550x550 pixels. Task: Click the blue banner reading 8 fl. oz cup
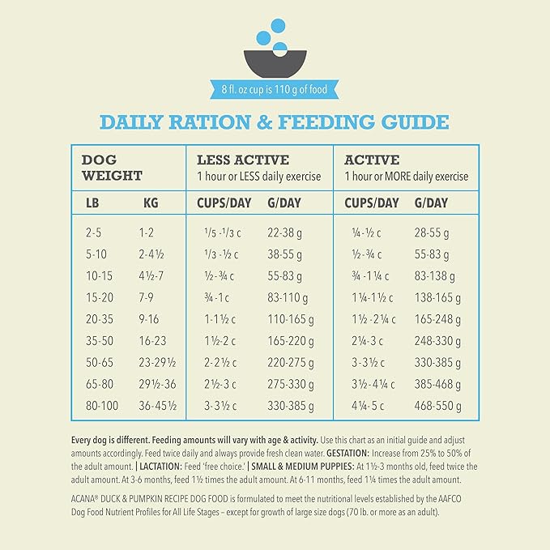(275, 89)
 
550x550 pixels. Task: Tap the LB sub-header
(92, 203)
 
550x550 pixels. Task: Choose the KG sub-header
(151, 203)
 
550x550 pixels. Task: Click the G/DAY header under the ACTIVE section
(431, 203)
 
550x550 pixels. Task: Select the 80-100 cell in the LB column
(101, 406)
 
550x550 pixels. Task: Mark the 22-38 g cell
(284, 232)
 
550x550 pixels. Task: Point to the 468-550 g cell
(437, 406)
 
